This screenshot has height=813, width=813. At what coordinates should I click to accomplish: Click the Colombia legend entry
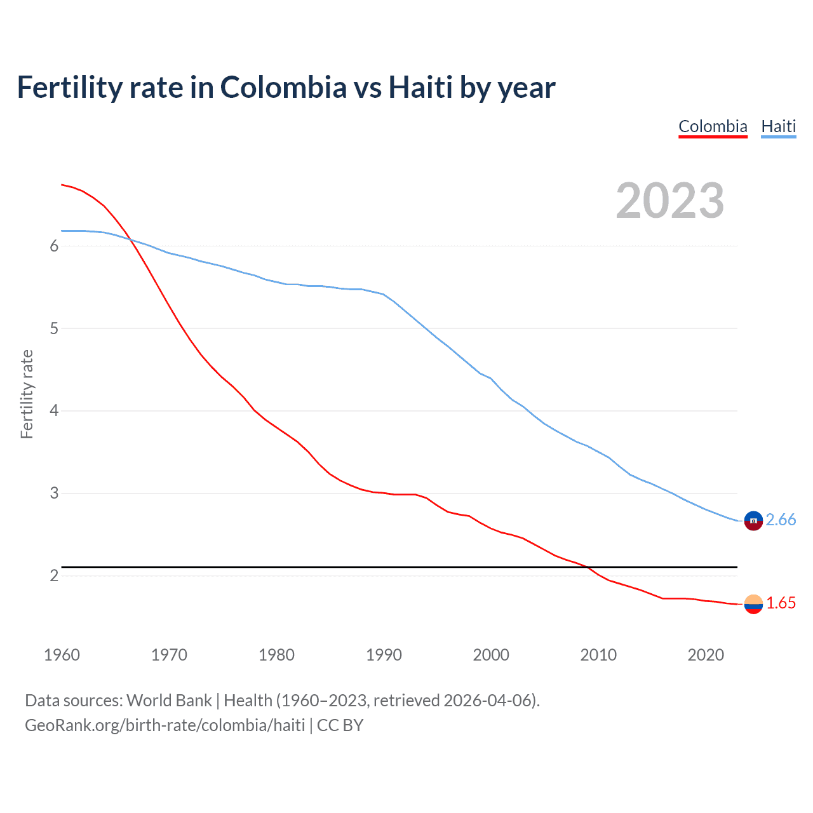point(713,126)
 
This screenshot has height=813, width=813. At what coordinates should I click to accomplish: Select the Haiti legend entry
point(778,126)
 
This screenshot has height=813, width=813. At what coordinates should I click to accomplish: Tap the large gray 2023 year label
point(670,201)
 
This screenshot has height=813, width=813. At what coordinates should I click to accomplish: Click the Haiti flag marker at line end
point(753,520)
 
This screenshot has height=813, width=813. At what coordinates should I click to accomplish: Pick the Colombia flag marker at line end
point(753,604)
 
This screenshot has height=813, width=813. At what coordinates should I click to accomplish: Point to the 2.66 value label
point(781,520)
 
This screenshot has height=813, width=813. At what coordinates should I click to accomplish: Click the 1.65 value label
point(781,603)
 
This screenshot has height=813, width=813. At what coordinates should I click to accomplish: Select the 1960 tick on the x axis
point(62,655)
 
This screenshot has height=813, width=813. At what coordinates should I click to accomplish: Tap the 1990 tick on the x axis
point(384,655)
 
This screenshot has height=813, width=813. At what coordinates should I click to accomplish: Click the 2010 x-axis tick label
point(598,655)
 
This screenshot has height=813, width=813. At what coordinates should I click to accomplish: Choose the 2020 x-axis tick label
point(706,655)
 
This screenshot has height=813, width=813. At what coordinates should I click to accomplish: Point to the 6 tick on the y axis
point(54,246)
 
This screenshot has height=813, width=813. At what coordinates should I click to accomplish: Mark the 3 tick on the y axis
point(54,494)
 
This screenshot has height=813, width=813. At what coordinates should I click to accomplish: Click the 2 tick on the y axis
point(54,575)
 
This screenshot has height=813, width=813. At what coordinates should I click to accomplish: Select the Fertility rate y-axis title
point(27,394)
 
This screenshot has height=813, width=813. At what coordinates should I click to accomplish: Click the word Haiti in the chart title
point(420,88)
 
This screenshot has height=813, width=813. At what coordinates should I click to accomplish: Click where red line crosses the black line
point(588,567)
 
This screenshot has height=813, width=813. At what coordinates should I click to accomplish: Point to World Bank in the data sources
point(169,701)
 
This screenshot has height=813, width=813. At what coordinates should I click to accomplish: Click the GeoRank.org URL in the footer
point(165,725)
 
